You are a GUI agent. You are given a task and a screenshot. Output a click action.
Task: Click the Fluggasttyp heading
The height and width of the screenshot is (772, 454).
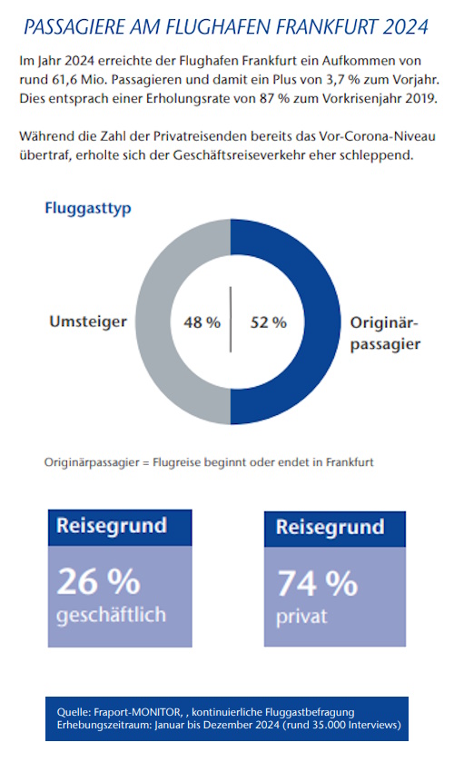(x=88, y=208)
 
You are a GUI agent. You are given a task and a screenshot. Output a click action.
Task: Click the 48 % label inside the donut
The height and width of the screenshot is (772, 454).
(x=202, y=322)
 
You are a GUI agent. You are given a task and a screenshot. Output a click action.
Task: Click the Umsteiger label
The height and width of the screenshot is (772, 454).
(x=87, y=322)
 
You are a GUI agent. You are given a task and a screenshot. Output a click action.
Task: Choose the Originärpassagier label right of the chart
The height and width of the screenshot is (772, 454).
(x=384, y=332)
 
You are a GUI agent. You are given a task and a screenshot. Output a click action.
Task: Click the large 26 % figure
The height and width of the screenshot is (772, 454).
(x=97, y=581)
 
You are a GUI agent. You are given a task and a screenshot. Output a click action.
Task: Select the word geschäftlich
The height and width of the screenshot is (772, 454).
(x=112, y=615)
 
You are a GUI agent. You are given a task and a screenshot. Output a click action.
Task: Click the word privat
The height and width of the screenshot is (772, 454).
(x=301, y=618)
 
